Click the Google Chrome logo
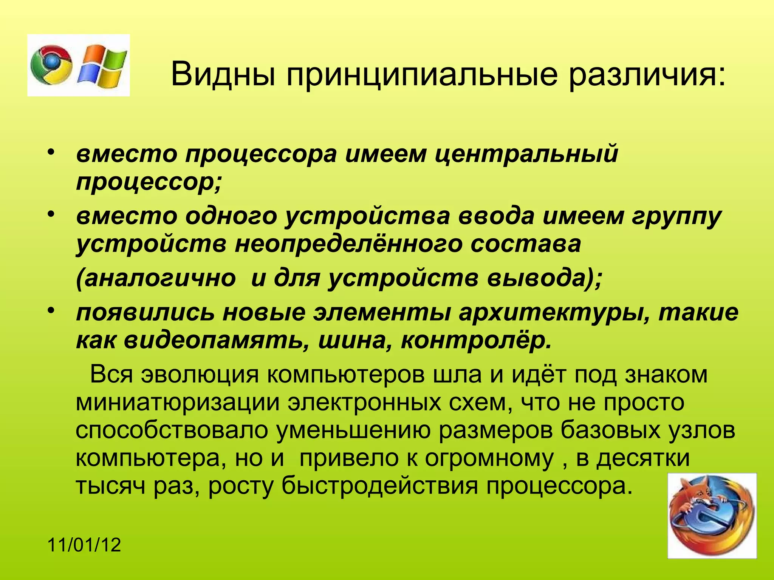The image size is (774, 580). pos(51,65)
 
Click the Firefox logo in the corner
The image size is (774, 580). pos(712,515)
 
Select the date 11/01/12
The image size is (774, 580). pos(84,545)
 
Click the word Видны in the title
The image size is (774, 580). pos(223,74)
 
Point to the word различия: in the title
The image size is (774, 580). pos(647,74)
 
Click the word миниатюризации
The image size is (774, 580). pos(178,403)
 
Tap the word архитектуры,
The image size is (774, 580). pos(553,313)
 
